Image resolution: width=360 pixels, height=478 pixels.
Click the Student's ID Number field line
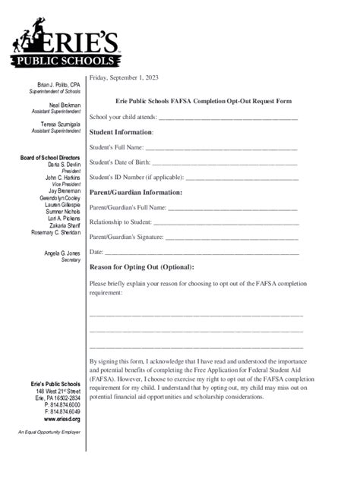coord(242,178)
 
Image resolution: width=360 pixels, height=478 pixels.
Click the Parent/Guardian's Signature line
coord(232,237)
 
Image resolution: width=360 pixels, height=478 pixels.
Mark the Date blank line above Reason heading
coord(202,251)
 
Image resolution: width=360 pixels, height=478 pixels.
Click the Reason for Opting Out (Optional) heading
coord(142,267)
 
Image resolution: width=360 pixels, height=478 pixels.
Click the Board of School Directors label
coord(49,157)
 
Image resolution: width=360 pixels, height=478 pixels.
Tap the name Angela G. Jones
coord(62,253)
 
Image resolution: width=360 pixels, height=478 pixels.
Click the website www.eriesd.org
coord(62,419)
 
